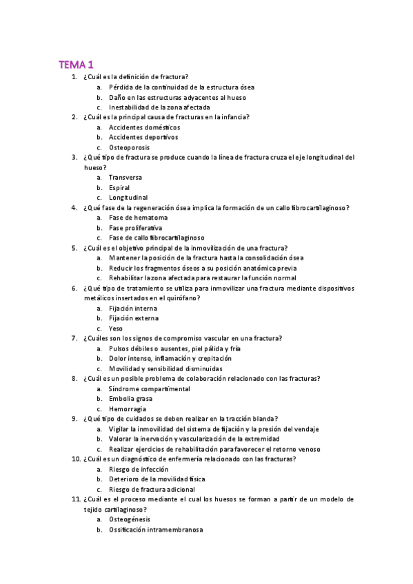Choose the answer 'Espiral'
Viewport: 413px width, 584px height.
pos(119,187)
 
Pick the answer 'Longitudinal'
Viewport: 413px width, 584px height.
pos(128,198)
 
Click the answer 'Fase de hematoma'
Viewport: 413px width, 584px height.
pos(138,218)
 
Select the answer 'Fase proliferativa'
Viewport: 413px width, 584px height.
pos(136,227)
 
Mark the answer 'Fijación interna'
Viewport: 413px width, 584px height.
pos(133,309)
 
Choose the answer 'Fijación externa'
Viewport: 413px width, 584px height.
pos(133,318)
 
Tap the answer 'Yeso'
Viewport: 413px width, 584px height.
pos(115,328)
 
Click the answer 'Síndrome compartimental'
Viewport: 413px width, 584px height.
pos(149,388)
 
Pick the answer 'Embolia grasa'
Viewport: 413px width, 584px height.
pos(130,399)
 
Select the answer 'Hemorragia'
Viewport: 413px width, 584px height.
pos(127,408)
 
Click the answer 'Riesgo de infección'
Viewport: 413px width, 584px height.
pos(138,469)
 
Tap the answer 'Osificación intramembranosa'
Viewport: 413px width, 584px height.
pos(155,530)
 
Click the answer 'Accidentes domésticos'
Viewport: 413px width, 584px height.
pos(144,127)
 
